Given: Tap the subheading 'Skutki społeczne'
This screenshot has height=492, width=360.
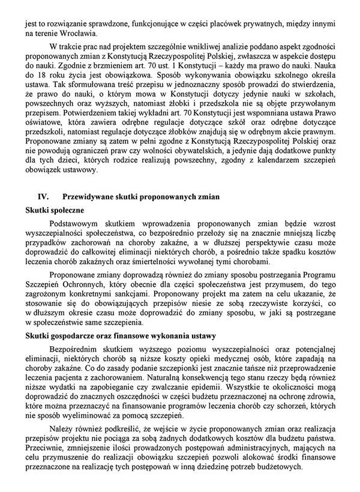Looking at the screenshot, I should [x=54, y=211].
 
